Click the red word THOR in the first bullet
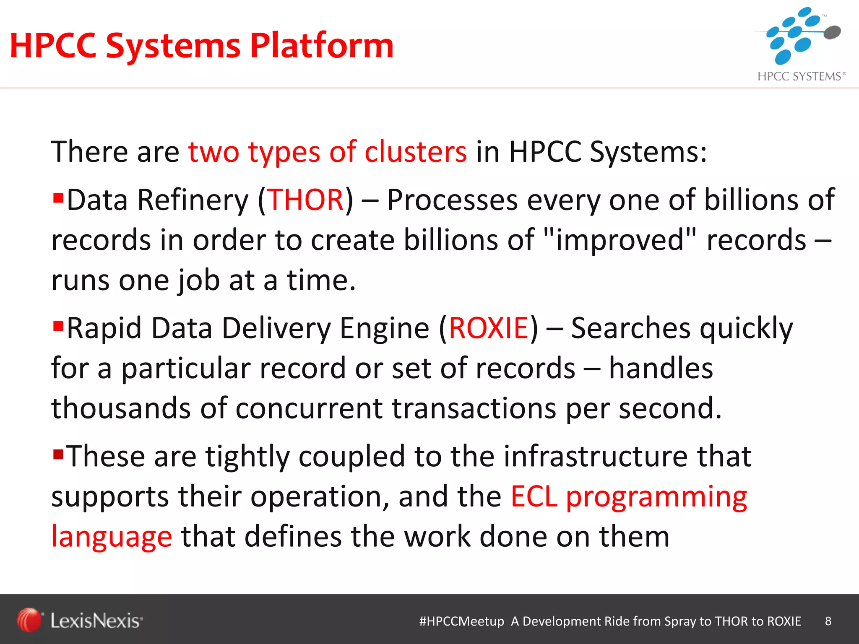(306, 200)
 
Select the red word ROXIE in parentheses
(488, 328)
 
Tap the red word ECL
(534, 496)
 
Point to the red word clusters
(415, 152)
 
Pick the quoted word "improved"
(619, 240)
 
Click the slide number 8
(828, 621)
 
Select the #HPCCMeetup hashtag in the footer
(461, 621)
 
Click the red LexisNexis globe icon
(29, 620)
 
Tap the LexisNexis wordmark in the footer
(96, 621)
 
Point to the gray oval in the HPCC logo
(832, 32)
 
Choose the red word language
(112, 537)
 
